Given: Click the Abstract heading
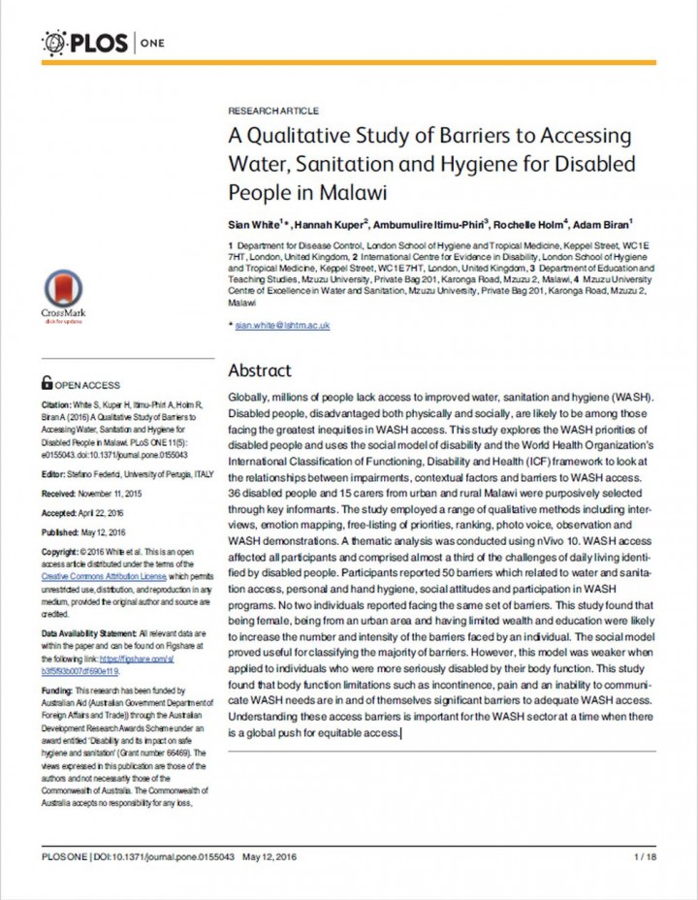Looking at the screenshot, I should point(259,370).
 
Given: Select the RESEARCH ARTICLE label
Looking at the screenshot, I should point(272,112).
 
